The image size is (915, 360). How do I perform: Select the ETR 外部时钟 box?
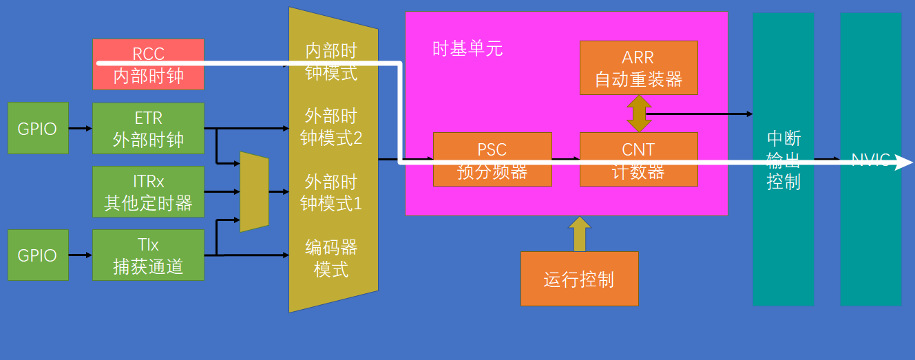(148, 128)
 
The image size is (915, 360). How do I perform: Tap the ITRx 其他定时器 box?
(148, 191)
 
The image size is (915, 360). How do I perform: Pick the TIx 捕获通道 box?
(148, 255)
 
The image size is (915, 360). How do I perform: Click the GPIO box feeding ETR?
(38, 128)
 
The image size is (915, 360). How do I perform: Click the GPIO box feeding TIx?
(38, 255)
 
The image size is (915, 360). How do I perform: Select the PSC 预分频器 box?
(492, 159)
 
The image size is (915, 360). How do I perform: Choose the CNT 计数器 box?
(638, 159)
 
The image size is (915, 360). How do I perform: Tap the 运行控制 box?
(579, 279)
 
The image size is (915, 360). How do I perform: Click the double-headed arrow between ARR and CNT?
(638, 114)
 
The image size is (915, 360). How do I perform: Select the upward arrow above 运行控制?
(579, 233)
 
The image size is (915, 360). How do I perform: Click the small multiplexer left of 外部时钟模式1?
(254, 191)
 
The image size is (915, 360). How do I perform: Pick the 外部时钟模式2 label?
(331, 127)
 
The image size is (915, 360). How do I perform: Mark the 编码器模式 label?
(331, 257)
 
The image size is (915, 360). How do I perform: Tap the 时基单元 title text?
(467, 49)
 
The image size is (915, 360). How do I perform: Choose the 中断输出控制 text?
(783, 160)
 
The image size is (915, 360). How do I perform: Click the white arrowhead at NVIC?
(904, 162)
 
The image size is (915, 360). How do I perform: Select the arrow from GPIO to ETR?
(80, 128)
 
